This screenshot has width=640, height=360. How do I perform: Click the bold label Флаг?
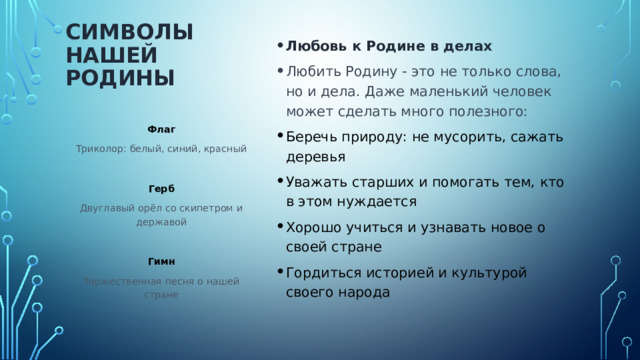click(161, 129)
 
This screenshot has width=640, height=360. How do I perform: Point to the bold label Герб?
click(161, 189)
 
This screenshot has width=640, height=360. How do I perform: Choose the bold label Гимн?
click(161, 262)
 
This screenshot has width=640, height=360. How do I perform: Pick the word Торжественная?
click(118, 281)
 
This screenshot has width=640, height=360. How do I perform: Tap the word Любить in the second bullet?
click(311, 72)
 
